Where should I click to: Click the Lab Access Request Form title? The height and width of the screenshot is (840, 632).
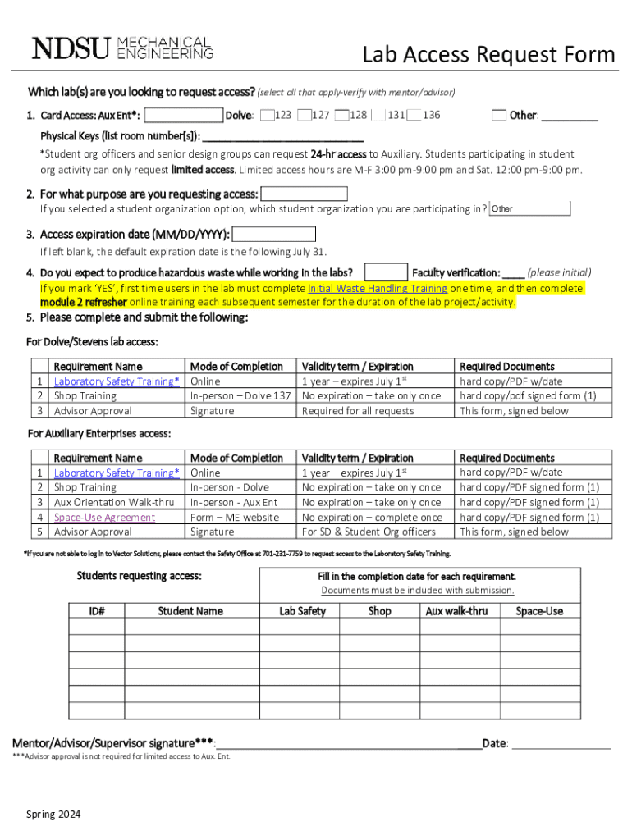[488, 55]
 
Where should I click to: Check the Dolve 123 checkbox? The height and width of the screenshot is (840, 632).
[267, 116]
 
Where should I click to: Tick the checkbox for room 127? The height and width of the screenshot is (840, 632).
[305, 116]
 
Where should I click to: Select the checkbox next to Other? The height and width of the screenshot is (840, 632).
[499, 116]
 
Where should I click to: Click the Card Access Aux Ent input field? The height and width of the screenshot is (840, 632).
[184, 116]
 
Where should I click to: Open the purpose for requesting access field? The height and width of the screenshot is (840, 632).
[303, 194]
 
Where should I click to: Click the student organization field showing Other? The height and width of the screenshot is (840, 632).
[529, 208]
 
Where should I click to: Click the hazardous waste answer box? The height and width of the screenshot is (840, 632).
[386, 272]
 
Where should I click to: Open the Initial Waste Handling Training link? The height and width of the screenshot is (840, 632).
[378, 289]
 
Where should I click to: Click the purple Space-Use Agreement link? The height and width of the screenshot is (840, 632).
[104, 517]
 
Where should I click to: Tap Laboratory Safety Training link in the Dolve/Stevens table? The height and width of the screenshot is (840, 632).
[117, 381]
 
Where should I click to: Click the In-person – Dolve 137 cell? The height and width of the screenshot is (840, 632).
[240, 396]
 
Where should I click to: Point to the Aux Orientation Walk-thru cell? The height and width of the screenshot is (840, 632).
[114, 502]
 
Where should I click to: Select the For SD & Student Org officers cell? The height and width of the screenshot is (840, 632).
[369, 532]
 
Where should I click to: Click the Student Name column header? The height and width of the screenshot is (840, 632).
[190, 611]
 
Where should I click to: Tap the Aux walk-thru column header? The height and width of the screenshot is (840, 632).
[456, 611]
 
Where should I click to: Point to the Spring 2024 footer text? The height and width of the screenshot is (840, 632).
[53, 814]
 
